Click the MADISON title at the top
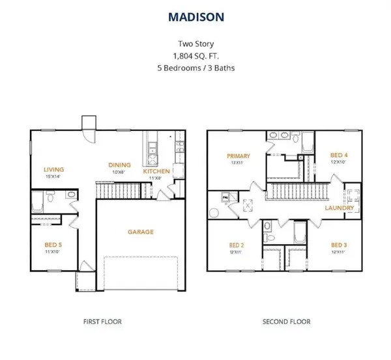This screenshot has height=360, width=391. pos(195,16)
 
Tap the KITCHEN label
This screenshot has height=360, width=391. pos(157,171)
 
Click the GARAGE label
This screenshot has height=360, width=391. pos(140,232)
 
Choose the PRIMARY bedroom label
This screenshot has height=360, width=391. pos(235,156)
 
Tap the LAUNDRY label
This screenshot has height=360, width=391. pos(340,208)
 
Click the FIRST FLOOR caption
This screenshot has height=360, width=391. pos(102,322)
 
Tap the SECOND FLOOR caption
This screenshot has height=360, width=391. pos(286,322)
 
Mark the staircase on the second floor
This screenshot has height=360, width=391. pos(296,192)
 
